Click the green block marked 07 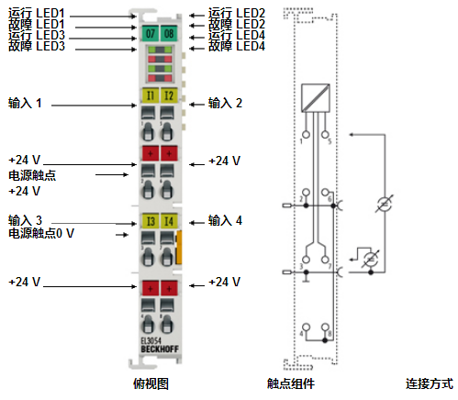click(x=151, y=33)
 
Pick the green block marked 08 click(x=168, y=33)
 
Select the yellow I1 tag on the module click(x=151, y=94)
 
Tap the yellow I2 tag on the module click(x=168, y=94)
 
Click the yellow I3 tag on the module click(x=151, y=221)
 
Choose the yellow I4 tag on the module click(x=168, y=221)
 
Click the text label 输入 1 click(x=25, y=103)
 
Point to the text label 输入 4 click(x=225, y=220)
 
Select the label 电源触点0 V click(x=41, y=234)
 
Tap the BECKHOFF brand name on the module click(x=159, y=348)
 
